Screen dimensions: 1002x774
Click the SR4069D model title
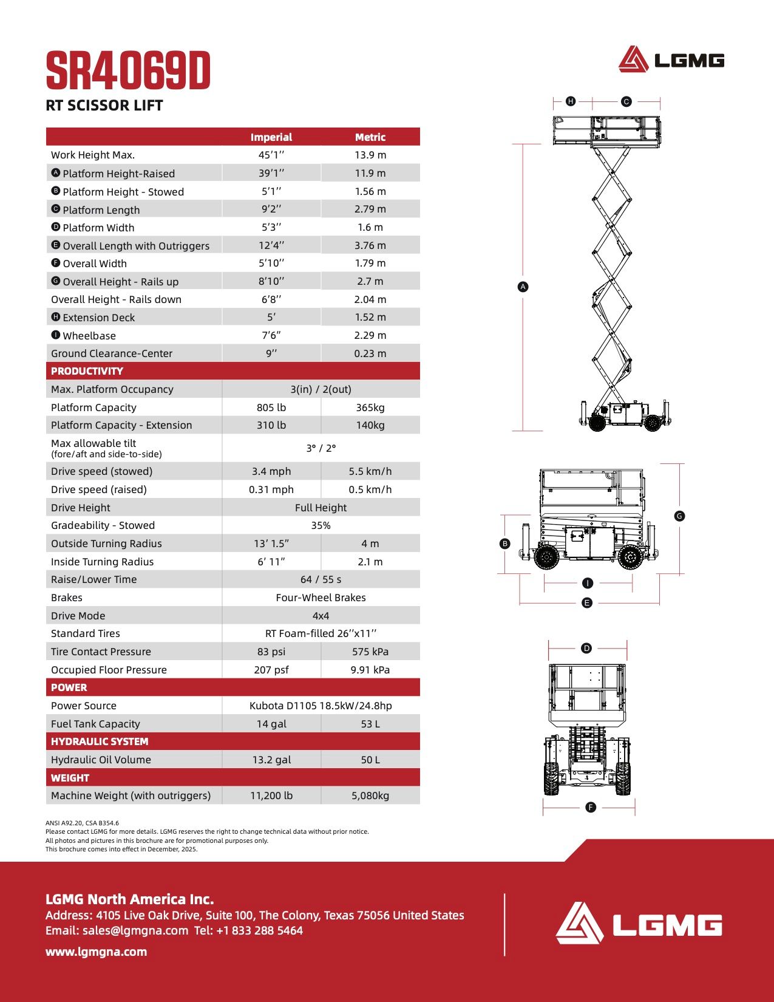pos(128,72)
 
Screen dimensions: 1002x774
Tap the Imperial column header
pos(271,137)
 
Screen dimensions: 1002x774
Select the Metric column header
pos(370,137)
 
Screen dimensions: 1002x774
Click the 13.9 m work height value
pos(370,155)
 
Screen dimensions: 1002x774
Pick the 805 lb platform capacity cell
pos(271,407)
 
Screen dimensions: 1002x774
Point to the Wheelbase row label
pos(89,336)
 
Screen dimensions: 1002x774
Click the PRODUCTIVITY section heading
pos(87,371)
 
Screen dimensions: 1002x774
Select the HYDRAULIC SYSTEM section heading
pos(100,741)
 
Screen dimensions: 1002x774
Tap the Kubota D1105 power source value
pos(321,706)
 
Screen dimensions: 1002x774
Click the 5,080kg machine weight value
pos(370,796)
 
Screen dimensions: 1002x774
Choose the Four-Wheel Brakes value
pos(321,598)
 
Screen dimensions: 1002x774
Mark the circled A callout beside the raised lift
pos(523,287)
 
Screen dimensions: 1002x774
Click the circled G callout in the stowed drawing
pos(679,516)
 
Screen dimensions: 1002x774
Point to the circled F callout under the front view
pos(590,807)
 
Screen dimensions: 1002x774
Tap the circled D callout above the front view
pos(586,648)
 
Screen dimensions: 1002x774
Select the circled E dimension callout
pos(586,603)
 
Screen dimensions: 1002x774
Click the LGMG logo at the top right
pos(671,60)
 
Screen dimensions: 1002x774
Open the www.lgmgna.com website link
pos(96,952)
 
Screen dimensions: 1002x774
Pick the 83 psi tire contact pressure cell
pos(271,652)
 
